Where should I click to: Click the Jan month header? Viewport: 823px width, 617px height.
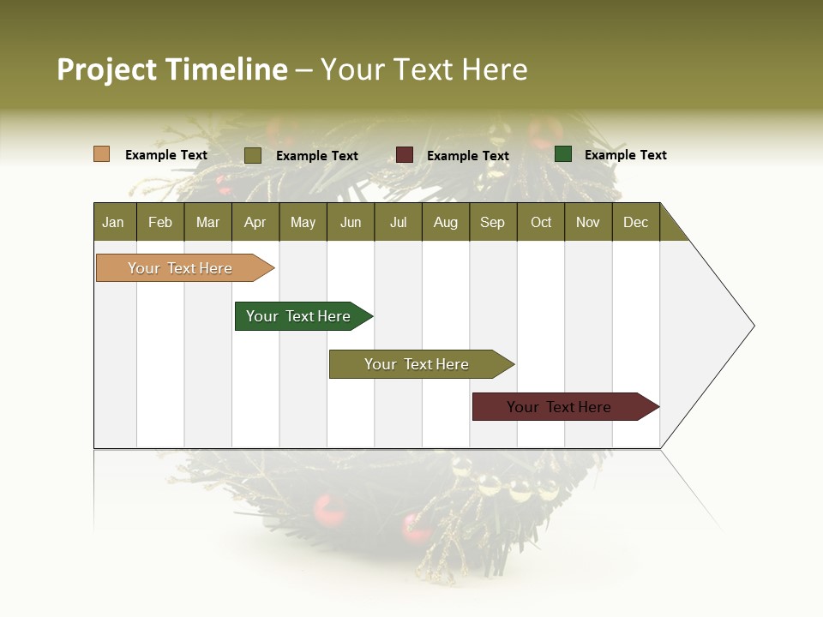113,222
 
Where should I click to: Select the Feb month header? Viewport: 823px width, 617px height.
160,222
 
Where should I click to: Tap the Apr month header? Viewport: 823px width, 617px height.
255,222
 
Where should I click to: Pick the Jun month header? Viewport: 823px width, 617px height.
351,222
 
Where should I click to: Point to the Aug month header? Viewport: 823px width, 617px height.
445,222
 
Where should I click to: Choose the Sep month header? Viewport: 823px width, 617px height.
492,222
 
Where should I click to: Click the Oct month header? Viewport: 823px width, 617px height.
541,222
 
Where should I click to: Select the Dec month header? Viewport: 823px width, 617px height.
635,222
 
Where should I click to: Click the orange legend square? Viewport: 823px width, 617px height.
101,154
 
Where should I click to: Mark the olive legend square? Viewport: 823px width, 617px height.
252,155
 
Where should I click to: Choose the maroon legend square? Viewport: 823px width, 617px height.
404,154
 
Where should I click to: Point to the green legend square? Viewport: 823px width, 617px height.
562,154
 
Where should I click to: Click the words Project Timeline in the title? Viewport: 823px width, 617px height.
171,69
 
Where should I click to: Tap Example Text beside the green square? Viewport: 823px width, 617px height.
625,155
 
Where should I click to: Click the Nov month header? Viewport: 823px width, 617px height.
588,222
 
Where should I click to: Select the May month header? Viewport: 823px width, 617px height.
303,222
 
